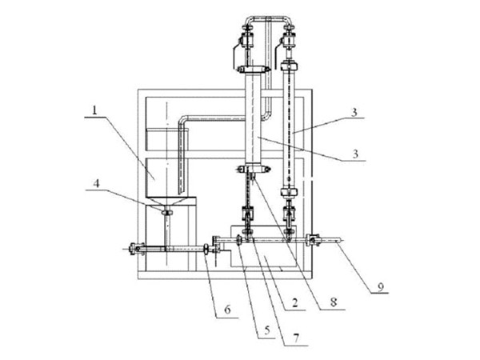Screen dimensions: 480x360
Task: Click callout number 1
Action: (94, 110)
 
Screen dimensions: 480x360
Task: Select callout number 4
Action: (97, 183)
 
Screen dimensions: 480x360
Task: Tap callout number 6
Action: (227, 310)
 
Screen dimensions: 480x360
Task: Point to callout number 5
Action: (267, 330)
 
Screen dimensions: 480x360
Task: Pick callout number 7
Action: (295, 338)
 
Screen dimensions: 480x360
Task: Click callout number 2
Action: (294, 302)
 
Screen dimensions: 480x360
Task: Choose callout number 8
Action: (334, 302)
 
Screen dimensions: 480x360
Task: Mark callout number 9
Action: (380, 287)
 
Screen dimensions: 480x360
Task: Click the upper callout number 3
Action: (354, 112)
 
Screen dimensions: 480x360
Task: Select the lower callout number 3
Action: (355, 154)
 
